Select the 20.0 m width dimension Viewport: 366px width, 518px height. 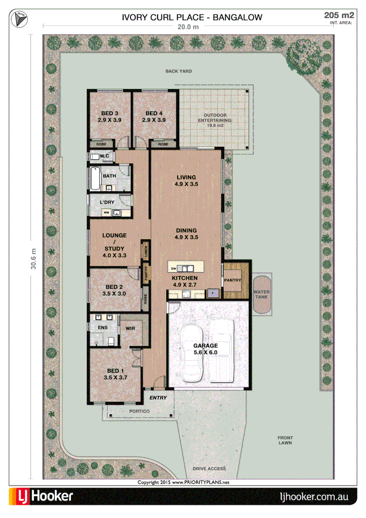coord(188,27)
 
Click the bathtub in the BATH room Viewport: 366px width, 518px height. coord(95,178)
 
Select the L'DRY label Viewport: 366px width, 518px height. coord(107,203)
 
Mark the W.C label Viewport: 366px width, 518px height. coord(105,156)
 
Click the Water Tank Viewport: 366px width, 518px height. coord(262,294)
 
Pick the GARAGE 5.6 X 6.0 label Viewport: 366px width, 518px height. coord(205,349)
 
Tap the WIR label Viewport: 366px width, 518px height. coord(130,329)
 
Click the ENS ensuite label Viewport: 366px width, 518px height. coord(103,328)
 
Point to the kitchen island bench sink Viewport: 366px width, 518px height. coord(186,268)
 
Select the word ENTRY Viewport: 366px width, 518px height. coord(158,398)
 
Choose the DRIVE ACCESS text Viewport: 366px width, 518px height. coord(209,469)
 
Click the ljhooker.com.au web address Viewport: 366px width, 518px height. coord(314,496)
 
